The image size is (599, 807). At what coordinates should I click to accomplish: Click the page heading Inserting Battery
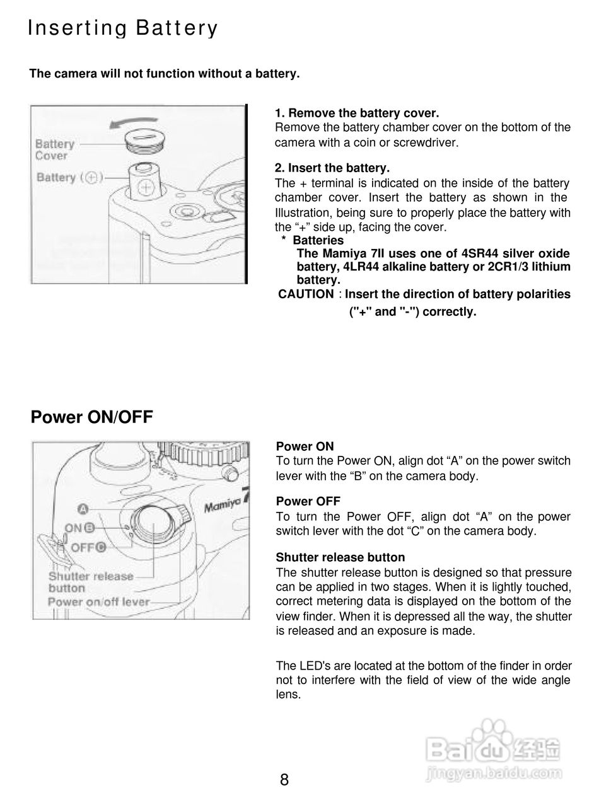pyautogui.click(x=123, y=29)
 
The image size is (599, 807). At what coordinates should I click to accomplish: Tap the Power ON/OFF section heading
pyautogui.click(x=92, y=417)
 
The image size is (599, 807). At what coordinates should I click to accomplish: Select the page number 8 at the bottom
pyautogui.click(x=284, y=780)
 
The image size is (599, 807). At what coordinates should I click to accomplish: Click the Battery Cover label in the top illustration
pyautogui.click(x=55, y=150)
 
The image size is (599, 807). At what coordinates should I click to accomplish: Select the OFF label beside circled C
pyautogui.click(x=82, y=547)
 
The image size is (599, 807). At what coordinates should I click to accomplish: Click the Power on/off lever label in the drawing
pyautogui.click(x=99, y=601)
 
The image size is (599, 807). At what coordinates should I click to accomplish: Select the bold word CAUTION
pyautogui.click(x=306, y=294)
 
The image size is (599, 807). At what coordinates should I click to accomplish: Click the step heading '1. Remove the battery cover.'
pyautogui.click(x=357, y=113)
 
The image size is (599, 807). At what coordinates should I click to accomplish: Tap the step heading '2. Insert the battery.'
pyautogui.click(x=332, y=168)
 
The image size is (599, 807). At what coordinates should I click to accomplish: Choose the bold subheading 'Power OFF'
pyautogui.click(x=308, y=501)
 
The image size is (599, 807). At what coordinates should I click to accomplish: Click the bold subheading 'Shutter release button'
pyautogui.click(x=340, y=557)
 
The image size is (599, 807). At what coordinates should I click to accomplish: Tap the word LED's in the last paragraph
pyautogui.click(x=310, y=666)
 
